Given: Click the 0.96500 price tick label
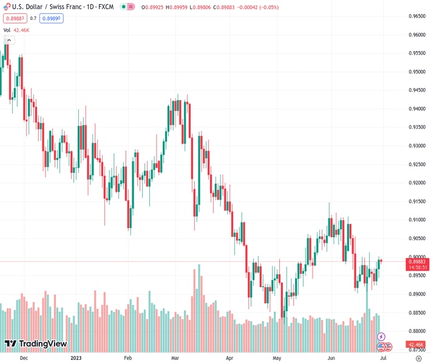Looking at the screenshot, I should click(x=416, y=16).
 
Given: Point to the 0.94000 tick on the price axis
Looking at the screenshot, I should click(x=416, y=109).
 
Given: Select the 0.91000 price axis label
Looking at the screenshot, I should click(x=416, y=220).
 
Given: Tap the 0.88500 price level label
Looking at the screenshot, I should click(x=416, y=313).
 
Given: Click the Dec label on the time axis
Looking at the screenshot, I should click(x=24, y=358).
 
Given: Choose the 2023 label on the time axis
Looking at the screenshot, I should click(x=76, y=358).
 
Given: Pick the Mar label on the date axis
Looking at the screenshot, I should click(x=175, y=358).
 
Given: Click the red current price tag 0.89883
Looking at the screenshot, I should click(x=416, y=261).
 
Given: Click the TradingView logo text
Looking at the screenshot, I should click(x=36, y=344).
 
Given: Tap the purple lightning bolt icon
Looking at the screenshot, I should click(x=381, y=336).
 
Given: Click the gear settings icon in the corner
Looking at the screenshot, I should click(x=418, y=358).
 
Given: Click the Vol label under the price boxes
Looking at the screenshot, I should click(x=7, y=30).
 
